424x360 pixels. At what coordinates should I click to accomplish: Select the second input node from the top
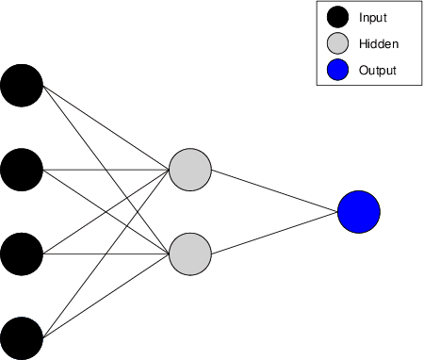tap(21, 170)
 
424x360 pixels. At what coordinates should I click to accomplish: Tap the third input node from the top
tap(21, 254)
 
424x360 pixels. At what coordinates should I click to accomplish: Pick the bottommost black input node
tap(21, 337)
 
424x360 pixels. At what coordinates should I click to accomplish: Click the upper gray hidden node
tap(189, 170)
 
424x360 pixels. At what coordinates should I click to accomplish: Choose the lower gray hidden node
tap(189, 254)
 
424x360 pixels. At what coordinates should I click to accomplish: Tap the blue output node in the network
tap(359, 211)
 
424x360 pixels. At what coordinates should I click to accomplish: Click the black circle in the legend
tap(336, 17)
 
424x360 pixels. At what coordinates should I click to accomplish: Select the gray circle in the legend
tap(336, 43)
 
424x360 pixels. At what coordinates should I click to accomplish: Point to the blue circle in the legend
tap(336, 70)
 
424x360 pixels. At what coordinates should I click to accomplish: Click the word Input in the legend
tap(372, 17)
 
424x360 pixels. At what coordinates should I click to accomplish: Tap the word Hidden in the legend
tap(378, 43)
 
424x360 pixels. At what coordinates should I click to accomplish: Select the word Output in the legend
tap(378, 70)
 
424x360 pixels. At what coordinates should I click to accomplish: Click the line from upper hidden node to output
tap(274, 190)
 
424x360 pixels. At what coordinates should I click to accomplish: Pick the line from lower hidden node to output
tap(274, 233)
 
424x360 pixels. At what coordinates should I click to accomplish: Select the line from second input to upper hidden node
tap(104, 170)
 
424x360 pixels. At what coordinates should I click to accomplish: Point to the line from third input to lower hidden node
tap(104, 254)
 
